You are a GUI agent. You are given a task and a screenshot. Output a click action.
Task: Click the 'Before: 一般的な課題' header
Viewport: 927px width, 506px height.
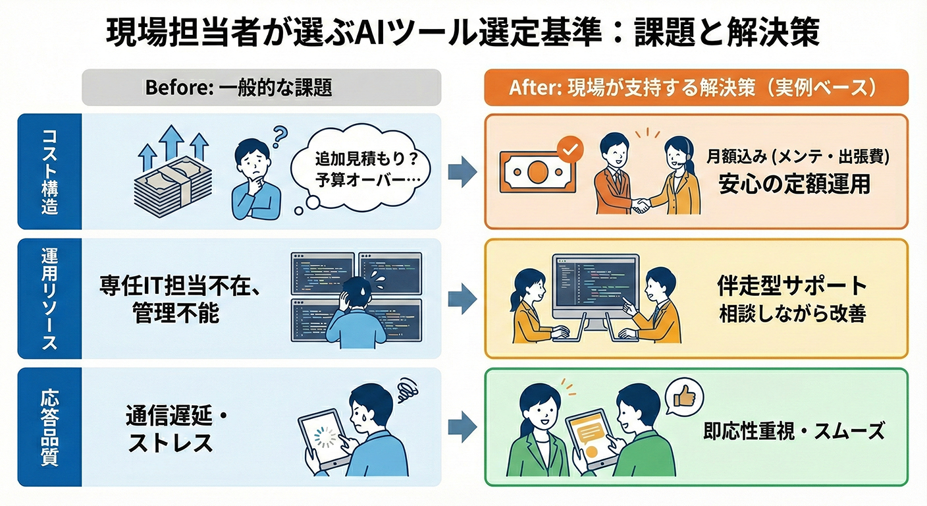coord(261,88)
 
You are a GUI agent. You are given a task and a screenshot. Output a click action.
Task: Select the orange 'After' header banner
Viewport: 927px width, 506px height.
coord(696,88)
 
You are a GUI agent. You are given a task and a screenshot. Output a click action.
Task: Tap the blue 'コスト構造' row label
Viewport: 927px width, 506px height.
coord(49,171)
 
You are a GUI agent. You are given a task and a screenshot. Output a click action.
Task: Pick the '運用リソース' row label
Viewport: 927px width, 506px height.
coord(49,298)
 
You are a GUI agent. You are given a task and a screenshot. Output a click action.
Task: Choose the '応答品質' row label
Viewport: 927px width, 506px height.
coord(49,427)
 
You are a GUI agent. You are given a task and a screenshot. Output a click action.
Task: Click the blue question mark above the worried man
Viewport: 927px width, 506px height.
coord(280,136)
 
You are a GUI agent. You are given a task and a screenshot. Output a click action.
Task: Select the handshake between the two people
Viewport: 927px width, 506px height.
coord(640,205)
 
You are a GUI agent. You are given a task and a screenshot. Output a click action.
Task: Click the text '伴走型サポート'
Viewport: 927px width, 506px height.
coord(792,286)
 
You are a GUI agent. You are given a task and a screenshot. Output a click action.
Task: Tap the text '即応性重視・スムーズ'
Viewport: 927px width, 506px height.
coord(793,432)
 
